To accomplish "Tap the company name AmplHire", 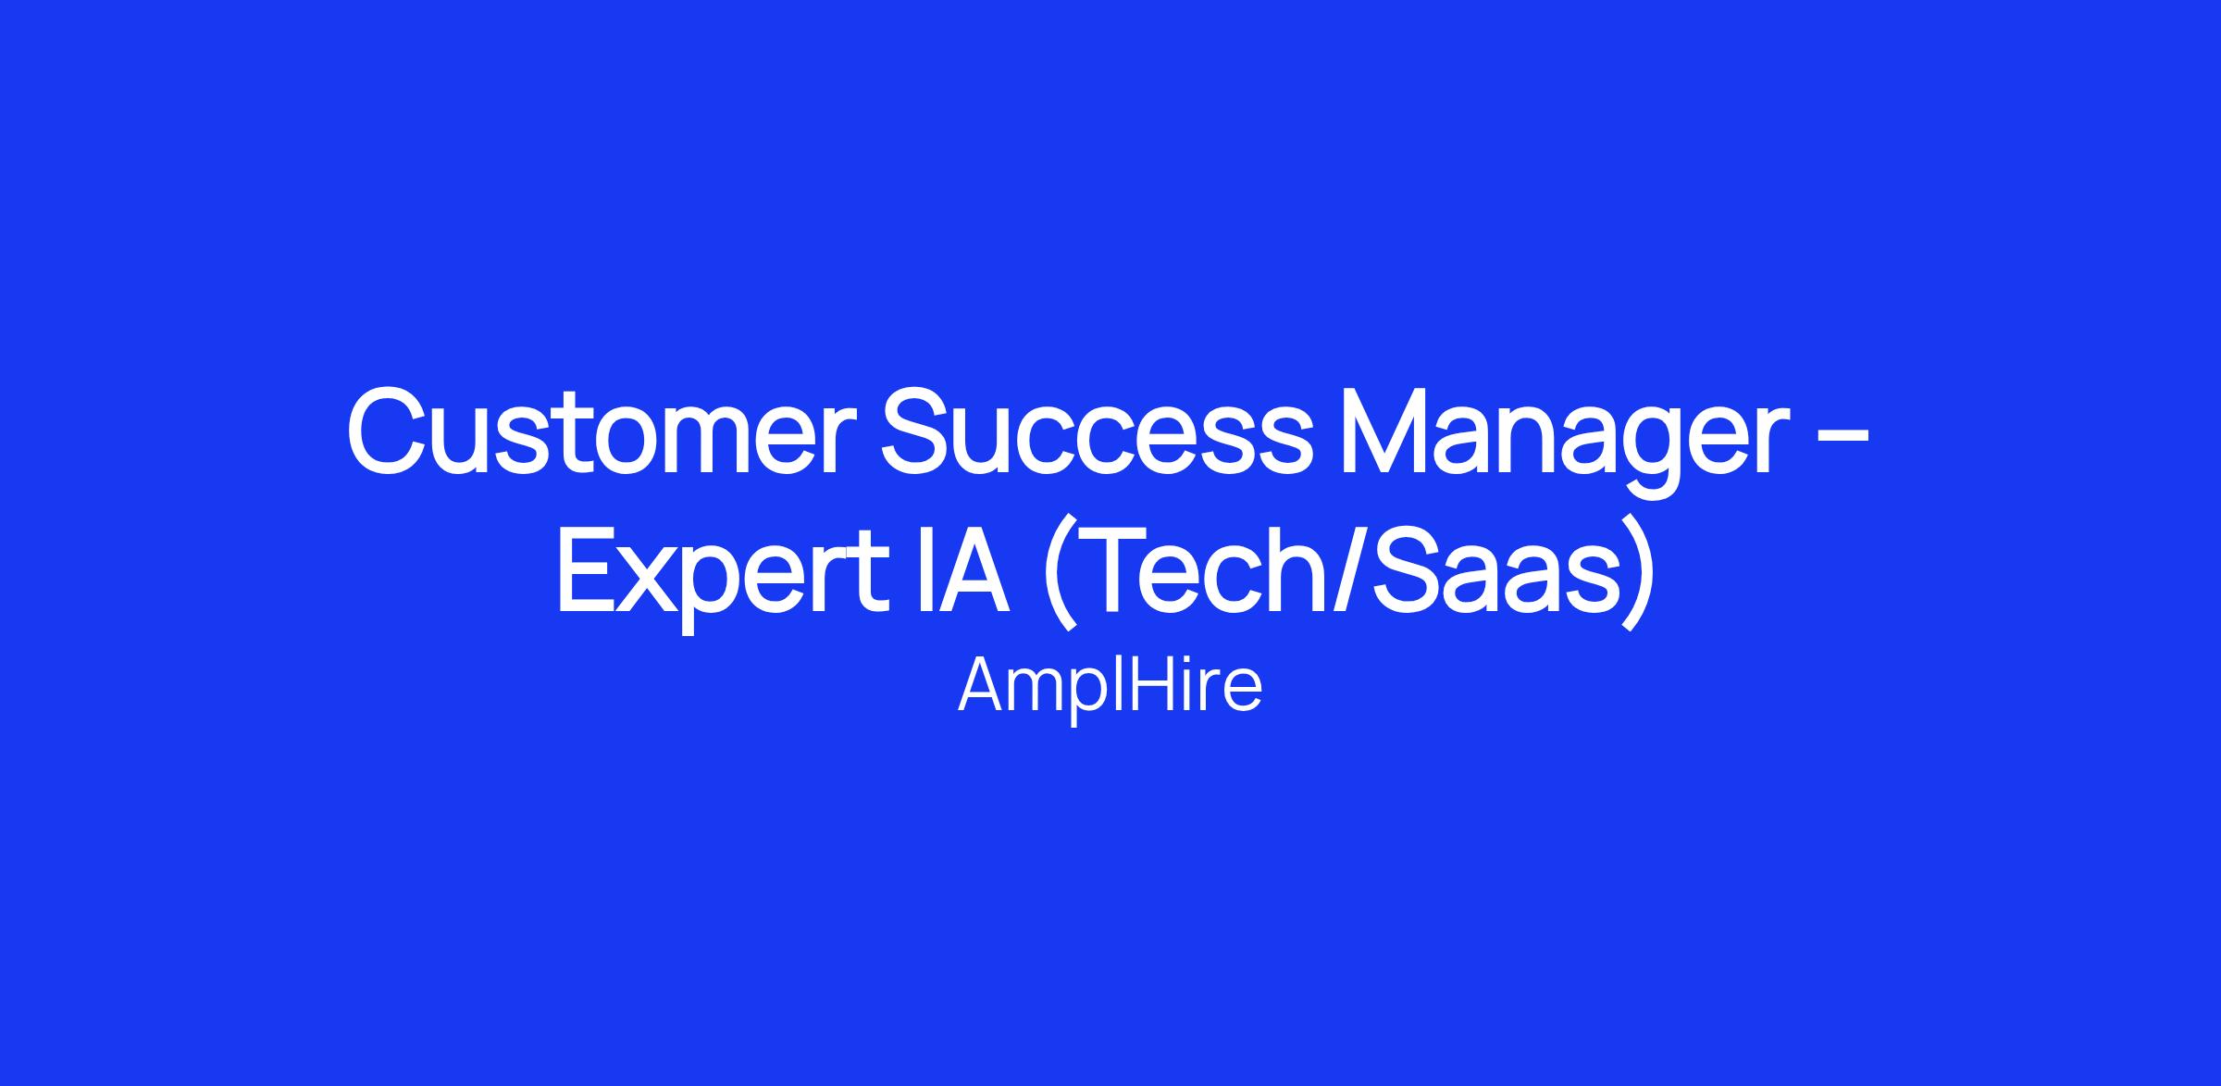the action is (1110, 686).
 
